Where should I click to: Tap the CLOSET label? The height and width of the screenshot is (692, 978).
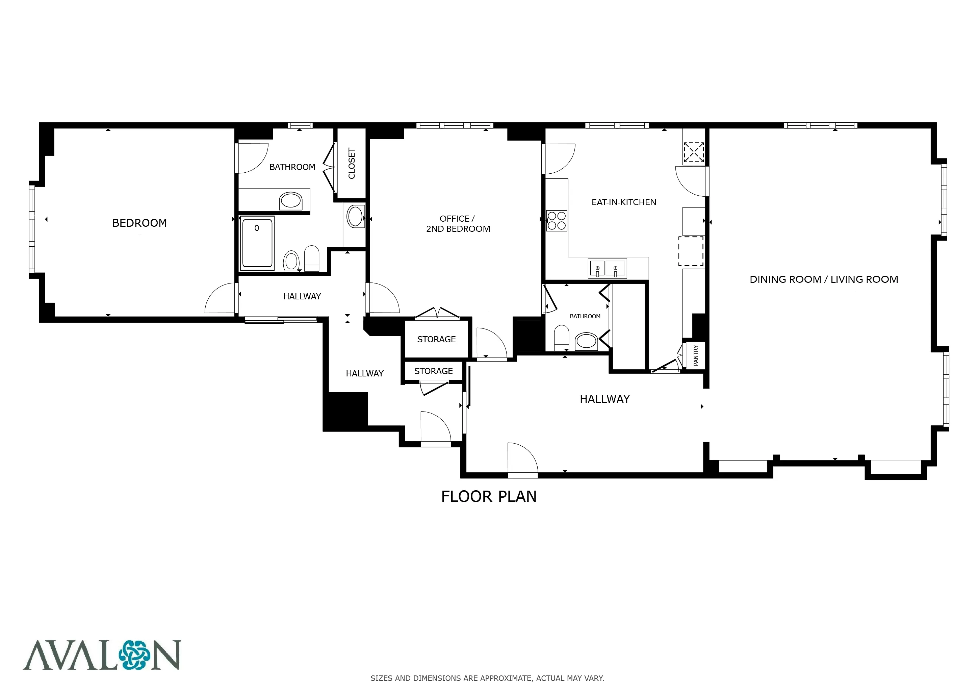point(352,163)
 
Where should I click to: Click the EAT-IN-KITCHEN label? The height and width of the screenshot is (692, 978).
point(624,202)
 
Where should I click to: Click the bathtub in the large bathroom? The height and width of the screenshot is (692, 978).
point(257,243)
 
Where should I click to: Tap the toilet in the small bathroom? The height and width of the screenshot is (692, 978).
point(561,338)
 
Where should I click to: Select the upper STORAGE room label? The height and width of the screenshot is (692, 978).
point(436,340)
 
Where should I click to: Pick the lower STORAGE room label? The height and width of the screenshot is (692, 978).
point(433,371)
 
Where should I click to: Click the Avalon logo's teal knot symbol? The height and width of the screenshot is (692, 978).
point(135,655)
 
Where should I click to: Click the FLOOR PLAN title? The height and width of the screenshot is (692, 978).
point(489,497)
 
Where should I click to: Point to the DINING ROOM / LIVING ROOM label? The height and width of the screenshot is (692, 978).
point(823,279)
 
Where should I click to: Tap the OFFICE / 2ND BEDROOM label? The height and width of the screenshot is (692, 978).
point(458,224)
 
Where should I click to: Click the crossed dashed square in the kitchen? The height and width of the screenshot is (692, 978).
point(693,152)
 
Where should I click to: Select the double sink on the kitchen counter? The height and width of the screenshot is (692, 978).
point(607,268)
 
